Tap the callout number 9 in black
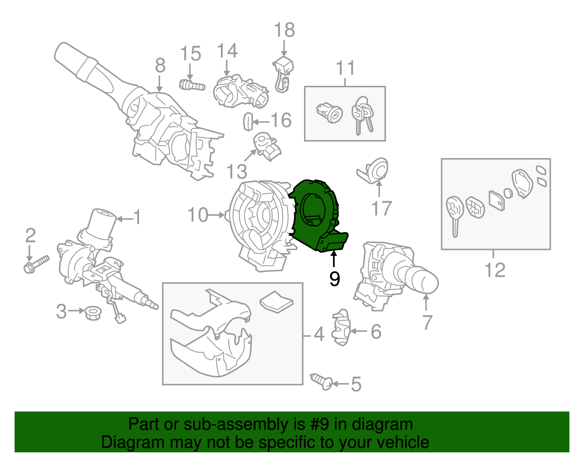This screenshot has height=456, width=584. (x=334, y=279)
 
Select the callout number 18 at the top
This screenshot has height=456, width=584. (x=284, y=30)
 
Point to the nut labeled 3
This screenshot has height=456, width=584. (x=93, y=313)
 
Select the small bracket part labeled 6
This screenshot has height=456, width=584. (x=341, y=327)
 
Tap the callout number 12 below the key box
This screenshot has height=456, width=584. (x=495, y=270)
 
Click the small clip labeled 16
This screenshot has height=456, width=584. (x=248, y=122)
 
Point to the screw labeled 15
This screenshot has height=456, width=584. (x=192, y=85)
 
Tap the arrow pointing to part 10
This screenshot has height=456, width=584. (x=217, y=215)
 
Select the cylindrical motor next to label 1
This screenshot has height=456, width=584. (x=102, y=225)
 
